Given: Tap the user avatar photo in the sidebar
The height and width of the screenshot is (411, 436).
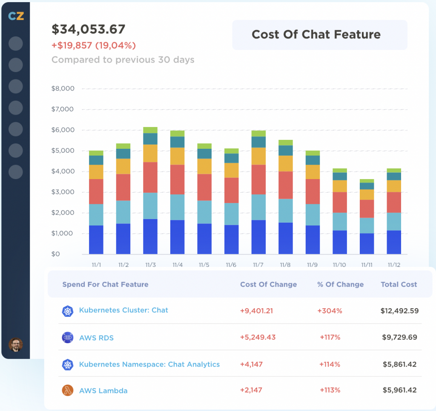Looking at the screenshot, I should [x=16, y=344].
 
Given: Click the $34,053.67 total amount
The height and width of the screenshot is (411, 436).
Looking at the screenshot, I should [x=89, y=29].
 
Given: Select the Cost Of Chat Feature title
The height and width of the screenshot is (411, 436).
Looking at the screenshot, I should [x=316, y=35].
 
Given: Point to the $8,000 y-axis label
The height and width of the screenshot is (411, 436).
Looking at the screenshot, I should [x=63, y=89].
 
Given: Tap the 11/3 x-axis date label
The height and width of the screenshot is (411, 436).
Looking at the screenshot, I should [x=150, y=265].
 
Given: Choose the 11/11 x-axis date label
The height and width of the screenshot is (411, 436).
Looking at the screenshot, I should [x=367, y=265].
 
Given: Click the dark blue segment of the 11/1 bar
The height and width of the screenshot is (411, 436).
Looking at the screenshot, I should [x=96, y=240].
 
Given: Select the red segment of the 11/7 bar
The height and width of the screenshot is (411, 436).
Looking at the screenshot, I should [x=258, y=179].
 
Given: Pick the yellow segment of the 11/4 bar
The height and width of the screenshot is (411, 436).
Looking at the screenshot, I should [x=177, y=156].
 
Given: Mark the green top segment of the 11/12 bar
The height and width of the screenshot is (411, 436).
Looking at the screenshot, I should [x=394, y=171].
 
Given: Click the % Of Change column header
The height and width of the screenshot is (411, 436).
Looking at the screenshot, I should [x=340, y=284].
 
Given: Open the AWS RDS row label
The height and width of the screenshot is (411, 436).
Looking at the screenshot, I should [x=96, y=338].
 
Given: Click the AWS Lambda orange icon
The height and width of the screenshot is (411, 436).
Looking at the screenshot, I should [x=68, y=391].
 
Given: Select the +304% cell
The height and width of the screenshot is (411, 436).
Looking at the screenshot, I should [x=330, y=311].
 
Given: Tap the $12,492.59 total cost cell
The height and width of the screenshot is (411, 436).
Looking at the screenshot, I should [x=399, y=311].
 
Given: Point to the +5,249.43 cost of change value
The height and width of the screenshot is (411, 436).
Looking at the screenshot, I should [x=258, y=337].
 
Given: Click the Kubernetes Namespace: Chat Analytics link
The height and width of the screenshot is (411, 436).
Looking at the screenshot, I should [x=149, y=365].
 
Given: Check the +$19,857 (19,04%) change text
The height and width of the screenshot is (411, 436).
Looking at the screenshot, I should [x=94, y=46].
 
